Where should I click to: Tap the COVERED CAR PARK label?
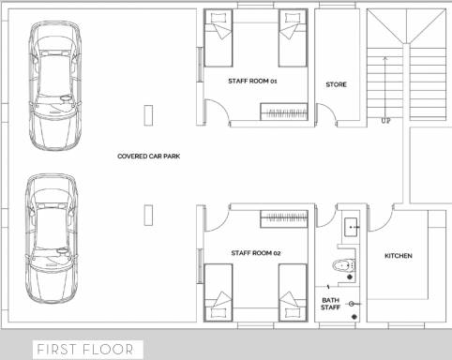(148, 156)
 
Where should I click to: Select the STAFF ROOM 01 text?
(253, 82)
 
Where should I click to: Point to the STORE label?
(336, 84)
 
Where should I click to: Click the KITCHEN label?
(399, 256)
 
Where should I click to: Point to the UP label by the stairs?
(385, 121)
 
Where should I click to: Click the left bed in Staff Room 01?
(218, 37)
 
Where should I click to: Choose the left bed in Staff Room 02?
(218, 292)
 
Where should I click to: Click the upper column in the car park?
(146, 114)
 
